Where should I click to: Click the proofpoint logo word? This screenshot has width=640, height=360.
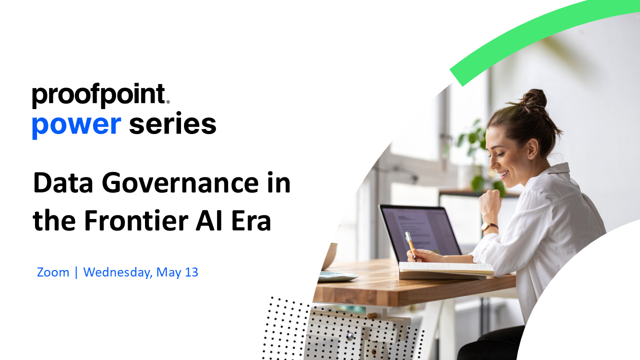[100, 95]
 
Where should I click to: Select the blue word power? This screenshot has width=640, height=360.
[76, 125]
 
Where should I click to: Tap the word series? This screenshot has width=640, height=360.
[172, 123]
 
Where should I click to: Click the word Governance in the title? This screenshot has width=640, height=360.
[180, 183]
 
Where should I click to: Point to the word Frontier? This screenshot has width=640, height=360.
[136, 220]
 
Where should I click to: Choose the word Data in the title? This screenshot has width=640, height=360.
[63, 182]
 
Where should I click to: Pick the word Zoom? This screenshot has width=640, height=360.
[53, 272]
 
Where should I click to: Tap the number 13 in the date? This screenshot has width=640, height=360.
[191, 272]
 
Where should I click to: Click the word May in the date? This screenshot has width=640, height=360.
[168, 273]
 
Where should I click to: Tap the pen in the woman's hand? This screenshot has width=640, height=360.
[410, 246]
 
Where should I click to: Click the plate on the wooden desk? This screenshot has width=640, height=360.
[338, 276]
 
